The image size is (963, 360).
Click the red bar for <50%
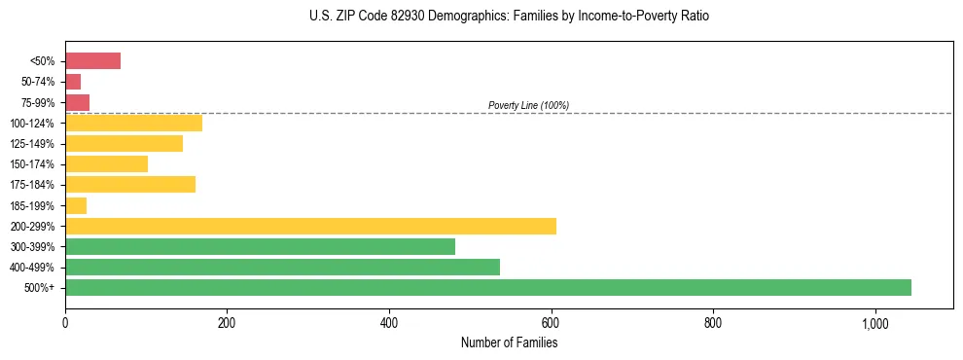[x=92, y=61]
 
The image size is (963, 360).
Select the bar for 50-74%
[x=73, y=82]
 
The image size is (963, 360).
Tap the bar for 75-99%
[x=77, y=102]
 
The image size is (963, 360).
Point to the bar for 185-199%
[x=76, y=205]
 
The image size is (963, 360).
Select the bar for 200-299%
[x=310, y=226]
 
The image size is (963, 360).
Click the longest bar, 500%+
[x=488, y=287]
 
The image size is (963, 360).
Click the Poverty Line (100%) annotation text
[x=528, y=105]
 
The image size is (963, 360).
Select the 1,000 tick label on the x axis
[x=875, y=322]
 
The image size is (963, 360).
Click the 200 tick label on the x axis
[x=227, y=322]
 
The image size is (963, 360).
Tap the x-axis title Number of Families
[x=509, y=342]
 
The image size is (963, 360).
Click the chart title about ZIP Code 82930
[x=509, y=17]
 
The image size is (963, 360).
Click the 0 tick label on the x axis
[x=65, y=322]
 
